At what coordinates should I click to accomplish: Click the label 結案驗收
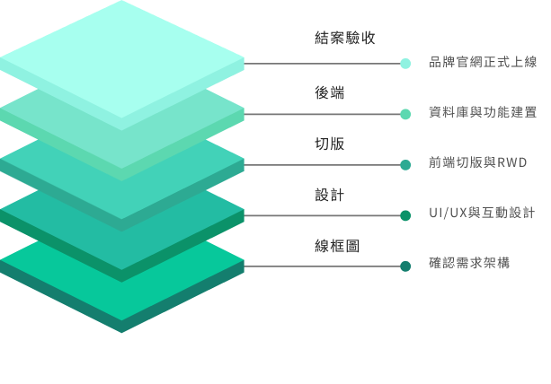click(344, 38)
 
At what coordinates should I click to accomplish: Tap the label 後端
click(329, 92)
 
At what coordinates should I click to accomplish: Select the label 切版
click(329, 144)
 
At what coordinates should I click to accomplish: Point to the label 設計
click(329, 195)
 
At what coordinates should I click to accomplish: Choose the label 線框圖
click(337, 245)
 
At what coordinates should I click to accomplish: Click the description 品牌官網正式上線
click(483, 62)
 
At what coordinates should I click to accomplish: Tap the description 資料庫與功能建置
click(483, 112)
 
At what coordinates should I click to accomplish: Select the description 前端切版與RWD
click(477, 162)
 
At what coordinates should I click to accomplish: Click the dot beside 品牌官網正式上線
click(405, 64)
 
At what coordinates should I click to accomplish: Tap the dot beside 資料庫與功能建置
click(405, 114)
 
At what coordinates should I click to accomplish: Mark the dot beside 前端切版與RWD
click(405, 165)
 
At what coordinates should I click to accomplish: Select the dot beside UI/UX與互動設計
click(405, 215)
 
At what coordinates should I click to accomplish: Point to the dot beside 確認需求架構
click(405, 266)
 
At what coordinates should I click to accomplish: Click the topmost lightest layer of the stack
click(122, 54)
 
